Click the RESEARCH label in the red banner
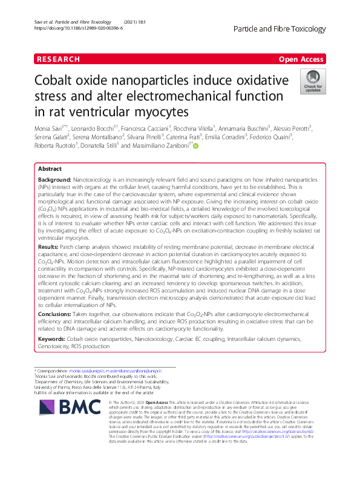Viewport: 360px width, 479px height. (58, 59)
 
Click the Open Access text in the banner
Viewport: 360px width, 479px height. (301, 59)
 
